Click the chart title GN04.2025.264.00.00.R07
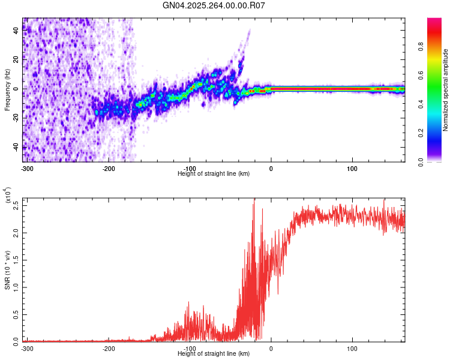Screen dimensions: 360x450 pyautogui.click(x=214, y=5)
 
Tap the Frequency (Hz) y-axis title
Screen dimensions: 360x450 pyautogui.click(x=7, y=90)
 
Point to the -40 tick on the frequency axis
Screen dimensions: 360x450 pyautogui.click(x=16, y=148)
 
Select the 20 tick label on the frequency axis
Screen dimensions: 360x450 pyautogui.click(x=16, y=59)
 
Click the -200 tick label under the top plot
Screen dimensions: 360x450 pyautogui.click(x=109, y=168)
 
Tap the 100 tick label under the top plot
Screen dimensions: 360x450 pyautogui.click(x=352, y=168)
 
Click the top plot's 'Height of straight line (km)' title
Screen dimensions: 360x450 pyautogui.click(x=214, y=173)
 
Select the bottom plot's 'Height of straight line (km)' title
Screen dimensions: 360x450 pyautogui.click(x=214, y=353)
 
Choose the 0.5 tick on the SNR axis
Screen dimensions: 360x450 pyautogui.click(x=16, y=314)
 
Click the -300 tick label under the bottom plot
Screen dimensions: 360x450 pyautogui.click(x=27, y=348)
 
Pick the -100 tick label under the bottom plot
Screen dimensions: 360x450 pyautogui.click(x=190, y=348)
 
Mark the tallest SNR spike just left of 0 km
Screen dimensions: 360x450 pyautogui.click(x=254, y=200)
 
